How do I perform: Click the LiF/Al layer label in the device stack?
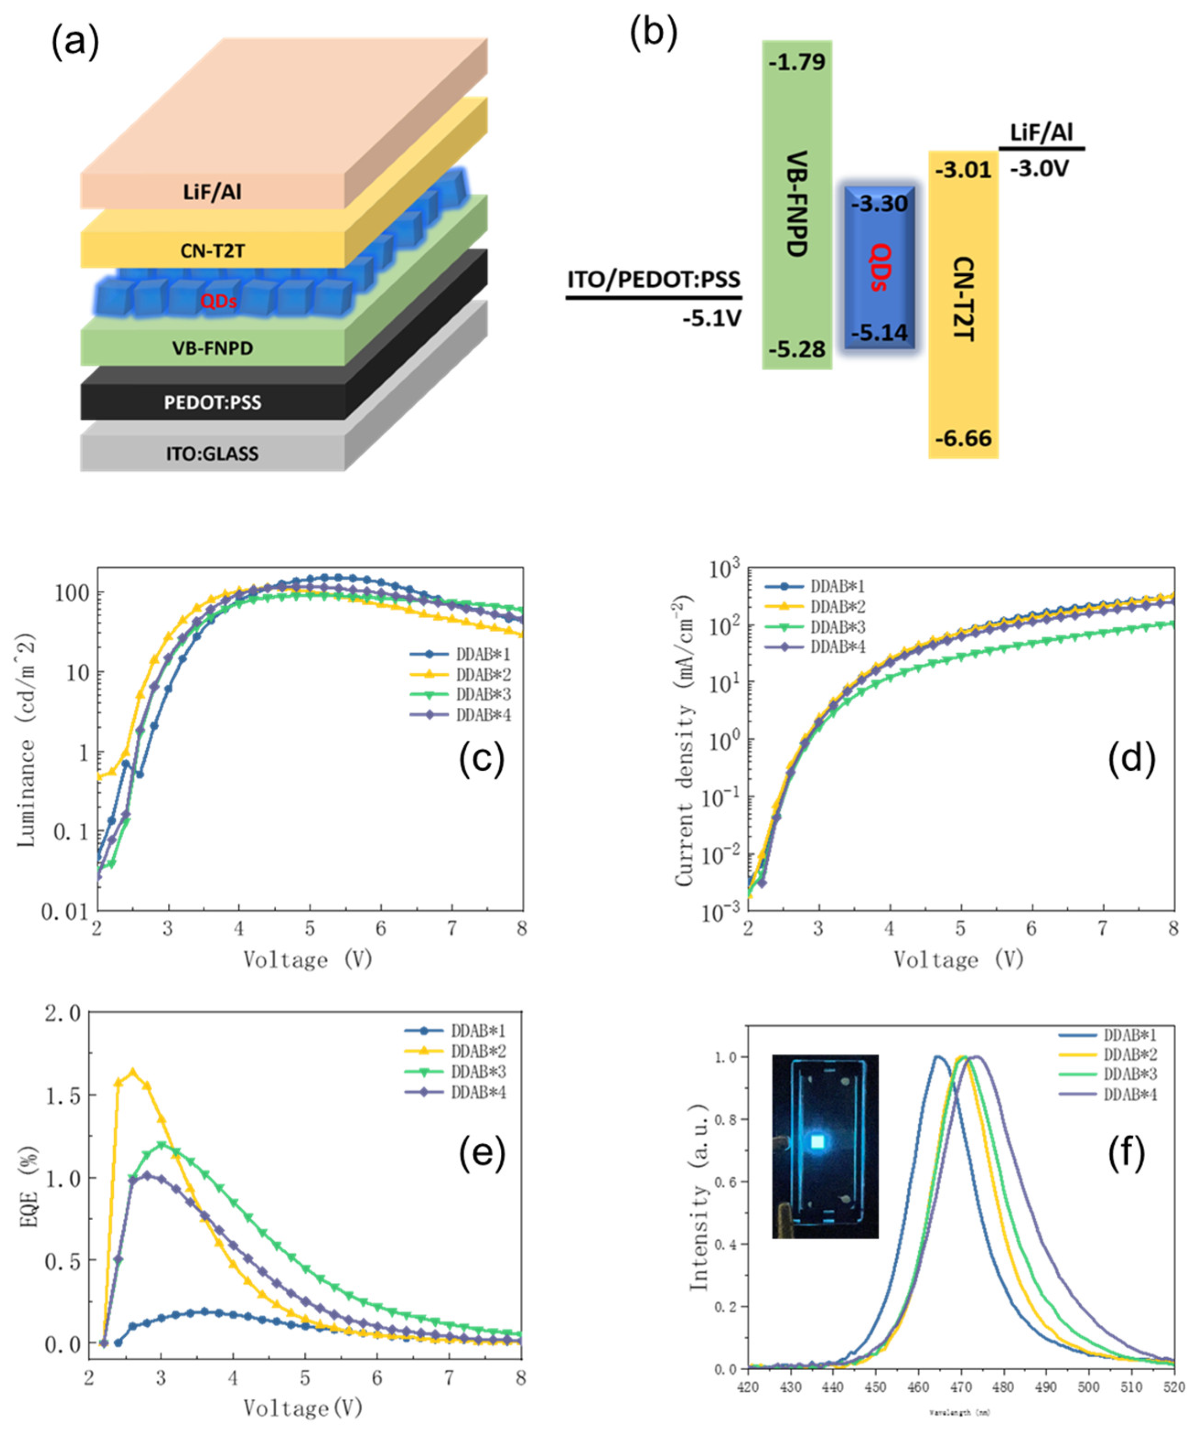click(x=212, y=192)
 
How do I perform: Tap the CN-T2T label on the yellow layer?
click(x=212, y=251)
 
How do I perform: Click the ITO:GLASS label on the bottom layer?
click(x=212, y=454)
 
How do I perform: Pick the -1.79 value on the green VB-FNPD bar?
click(x=797, y=62)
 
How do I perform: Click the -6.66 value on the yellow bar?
click(x=963, y=438)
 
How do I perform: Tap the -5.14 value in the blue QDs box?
click(x=879, y=333)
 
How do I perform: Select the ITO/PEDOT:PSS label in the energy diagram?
click(x=654, y=279)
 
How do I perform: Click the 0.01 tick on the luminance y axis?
click(x=65, y=912)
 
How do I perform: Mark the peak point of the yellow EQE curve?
click(x=133, y=1072)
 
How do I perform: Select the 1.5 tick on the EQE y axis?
click(x=63, y=1095)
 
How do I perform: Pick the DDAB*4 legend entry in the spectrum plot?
click(x=1130, y=1095)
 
